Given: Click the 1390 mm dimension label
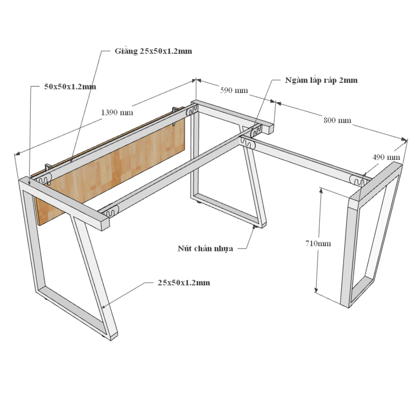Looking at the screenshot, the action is pyautogui.click(x=117, y=112).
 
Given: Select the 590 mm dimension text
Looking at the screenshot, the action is pyautogui.click(x=234, y=91).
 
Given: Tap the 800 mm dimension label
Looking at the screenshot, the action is pyautogui.click(x=337, y=120).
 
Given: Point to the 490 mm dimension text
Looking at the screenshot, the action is pyautogui.click(x=386, y=157).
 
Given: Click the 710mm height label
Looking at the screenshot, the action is pyautogui.click(x=318, y=243).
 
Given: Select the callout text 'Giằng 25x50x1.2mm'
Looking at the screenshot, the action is pyautogui.click(x=153, y=51).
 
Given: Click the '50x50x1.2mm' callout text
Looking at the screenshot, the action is pyautogui.click(x=70, y=87).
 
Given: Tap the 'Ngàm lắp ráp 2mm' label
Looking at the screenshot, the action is pyautogui.click(x=321, y=80).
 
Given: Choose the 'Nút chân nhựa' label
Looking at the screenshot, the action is pyautogui.click(x=205, y=248).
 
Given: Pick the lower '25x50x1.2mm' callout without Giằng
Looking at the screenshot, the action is pyautogui.click(x=184, y=283).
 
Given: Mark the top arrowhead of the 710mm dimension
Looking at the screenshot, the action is pyautogui.click(x=321, y=190).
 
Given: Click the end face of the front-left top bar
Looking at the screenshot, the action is pyautogui.click(x=105, y=223).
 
